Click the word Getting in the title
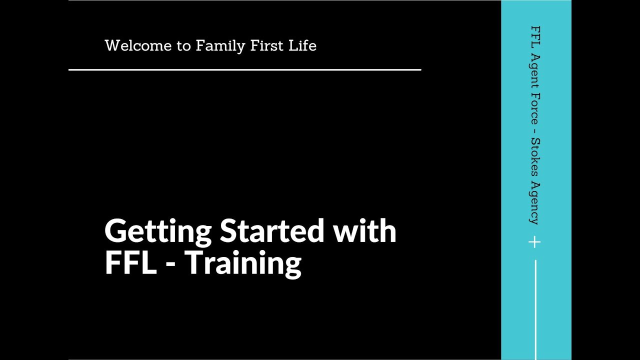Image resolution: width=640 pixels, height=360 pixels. [x=158, y=232]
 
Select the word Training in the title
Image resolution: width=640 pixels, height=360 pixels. [x=243, y=263]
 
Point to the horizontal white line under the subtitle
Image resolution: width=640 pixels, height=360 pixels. [x=244, y=70]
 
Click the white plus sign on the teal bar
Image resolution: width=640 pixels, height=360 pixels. [x=534, y=242]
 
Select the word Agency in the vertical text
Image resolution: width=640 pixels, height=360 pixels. [x=534, y=202]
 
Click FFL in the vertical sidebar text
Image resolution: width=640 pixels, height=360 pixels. [x=534, y=36]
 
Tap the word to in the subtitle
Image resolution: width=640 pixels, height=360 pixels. [x=183, y=46]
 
